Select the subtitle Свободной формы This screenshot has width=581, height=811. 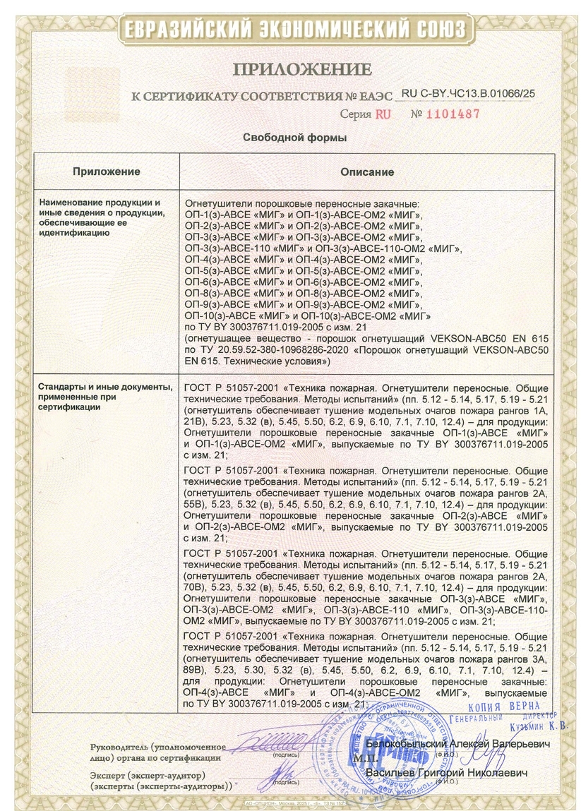tap(290, 137)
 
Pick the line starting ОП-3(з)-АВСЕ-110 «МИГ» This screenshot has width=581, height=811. tap(322, 248)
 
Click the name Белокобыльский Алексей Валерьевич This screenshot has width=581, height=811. tap(449, 745)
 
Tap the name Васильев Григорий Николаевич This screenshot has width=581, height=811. tap(447, 774)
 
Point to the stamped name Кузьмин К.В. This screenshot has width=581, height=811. tap(532, 726)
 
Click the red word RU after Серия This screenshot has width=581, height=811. tap(382, 114)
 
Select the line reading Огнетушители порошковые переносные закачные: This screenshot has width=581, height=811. tap(301, 203)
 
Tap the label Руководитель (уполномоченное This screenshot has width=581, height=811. tap(158, 746)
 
